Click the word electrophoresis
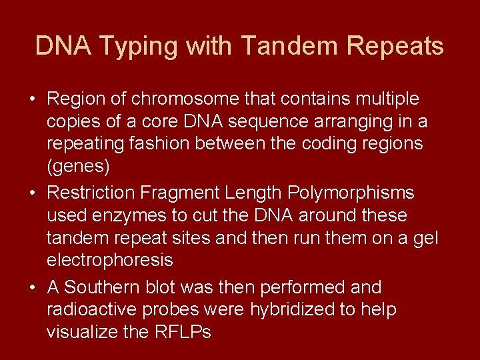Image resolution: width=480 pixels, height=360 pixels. [x=109, y=260]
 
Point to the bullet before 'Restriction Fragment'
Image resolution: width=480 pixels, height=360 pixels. [x=32, y=193]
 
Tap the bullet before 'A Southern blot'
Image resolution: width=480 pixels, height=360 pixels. [x=32, y=288]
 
